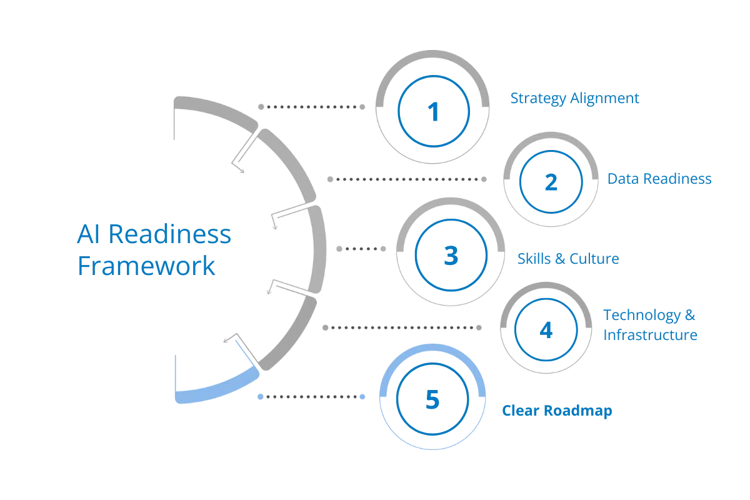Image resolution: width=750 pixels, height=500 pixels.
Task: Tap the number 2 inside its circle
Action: tap(551, 182)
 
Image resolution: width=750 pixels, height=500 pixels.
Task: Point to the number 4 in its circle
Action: tap(546, 329)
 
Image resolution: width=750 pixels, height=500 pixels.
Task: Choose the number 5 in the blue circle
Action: tap(432, 399)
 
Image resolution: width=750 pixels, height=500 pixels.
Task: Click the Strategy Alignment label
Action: tap(574, 99)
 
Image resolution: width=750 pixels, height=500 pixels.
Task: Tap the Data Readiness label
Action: tap(659, 179)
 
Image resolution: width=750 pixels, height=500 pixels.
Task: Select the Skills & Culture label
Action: tap(567, 258)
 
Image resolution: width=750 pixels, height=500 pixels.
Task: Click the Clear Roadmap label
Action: tap(557, 411)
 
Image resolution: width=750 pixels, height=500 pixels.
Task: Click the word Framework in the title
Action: tap(147, 266)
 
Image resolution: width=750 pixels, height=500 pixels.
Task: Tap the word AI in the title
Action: tap(85, 236)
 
